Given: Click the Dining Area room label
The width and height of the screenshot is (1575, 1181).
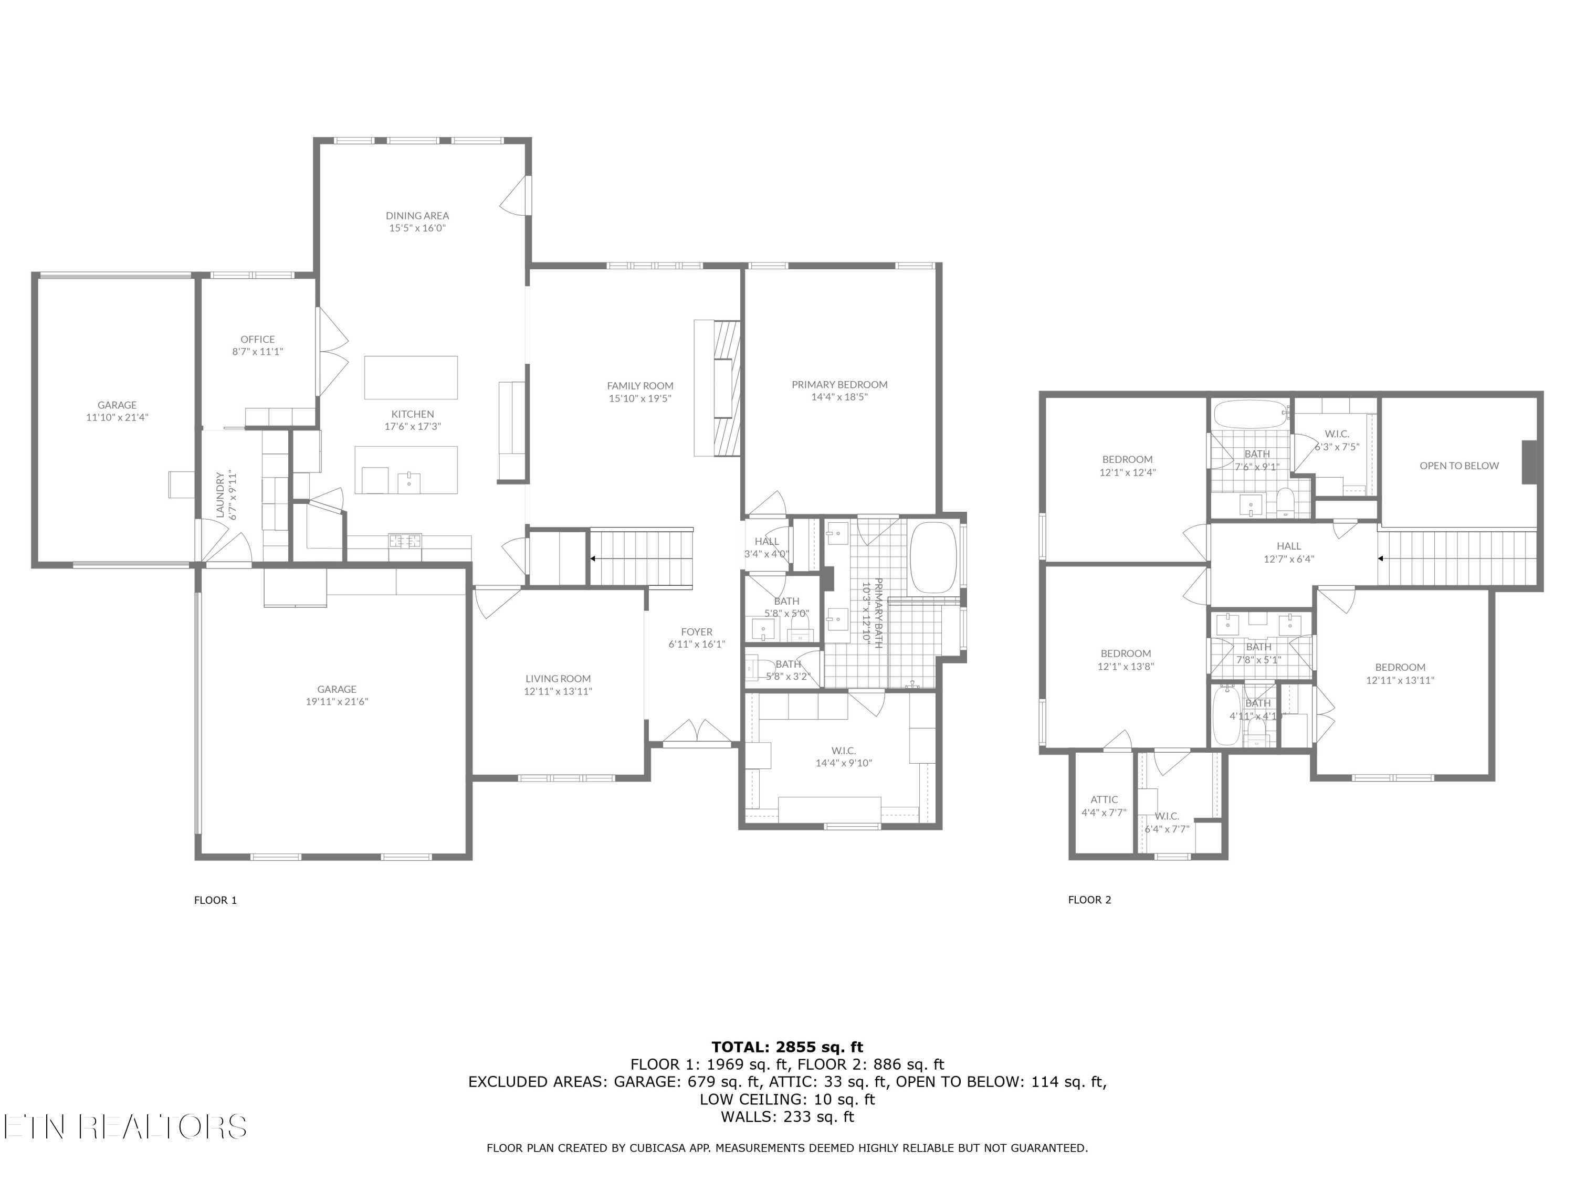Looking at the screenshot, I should [417, 216].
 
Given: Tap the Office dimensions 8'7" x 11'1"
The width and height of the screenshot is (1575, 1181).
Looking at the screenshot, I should [258, 352].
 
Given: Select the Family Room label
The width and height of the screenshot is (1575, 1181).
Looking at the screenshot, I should [640, 386].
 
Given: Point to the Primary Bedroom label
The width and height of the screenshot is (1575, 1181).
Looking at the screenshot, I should [839, 384].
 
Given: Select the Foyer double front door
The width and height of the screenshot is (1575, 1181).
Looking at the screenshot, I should [698, 733].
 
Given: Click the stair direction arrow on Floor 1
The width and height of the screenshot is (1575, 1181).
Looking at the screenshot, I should [592, 559].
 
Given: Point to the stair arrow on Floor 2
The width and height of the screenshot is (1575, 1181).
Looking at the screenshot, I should [1381, 559].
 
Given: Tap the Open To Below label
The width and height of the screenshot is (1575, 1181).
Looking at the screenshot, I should [1459, 466].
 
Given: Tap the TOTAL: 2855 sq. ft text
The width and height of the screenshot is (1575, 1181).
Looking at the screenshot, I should [787, 1047].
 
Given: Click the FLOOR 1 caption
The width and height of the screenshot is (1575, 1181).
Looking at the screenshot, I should [215, 900].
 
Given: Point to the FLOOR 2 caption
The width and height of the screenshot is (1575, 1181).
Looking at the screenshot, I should [1089, 900].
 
